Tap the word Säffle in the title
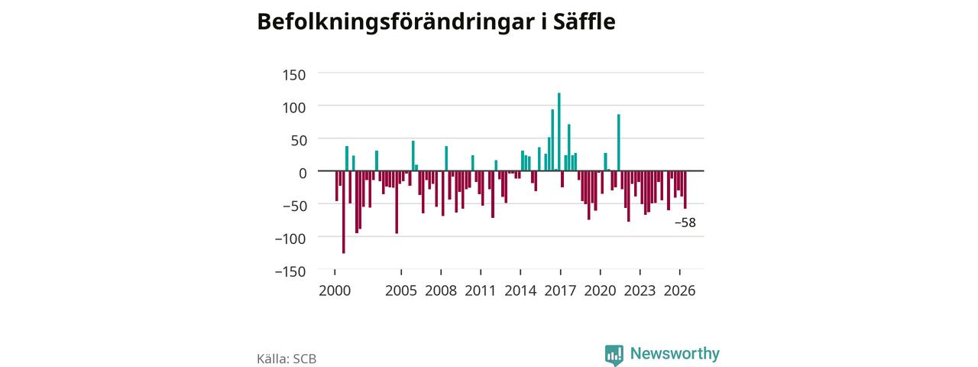tap(585, 21)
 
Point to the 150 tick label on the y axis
tap(294, 75)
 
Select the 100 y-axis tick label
tap(294, 108)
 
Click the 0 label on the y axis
tap(303, 173)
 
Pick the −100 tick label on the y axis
tap(290, 239)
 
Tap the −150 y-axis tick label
tap(290, 271)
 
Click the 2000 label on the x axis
tap(335, 291)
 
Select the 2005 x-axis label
tap(401, 291)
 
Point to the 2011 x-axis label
tap(481, 291)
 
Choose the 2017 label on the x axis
tap(560, 291)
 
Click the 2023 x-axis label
tap(640, 291)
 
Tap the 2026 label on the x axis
tap(679, 291)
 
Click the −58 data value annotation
tap(685, 222)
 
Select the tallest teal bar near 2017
tap(559, 132)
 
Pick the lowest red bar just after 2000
tap(344, 212)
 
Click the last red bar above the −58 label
tap(685, 190)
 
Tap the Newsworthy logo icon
tap(614, 355)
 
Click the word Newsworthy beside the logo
tap(675, 353)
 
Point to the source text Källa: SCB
tap(287, 359)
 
